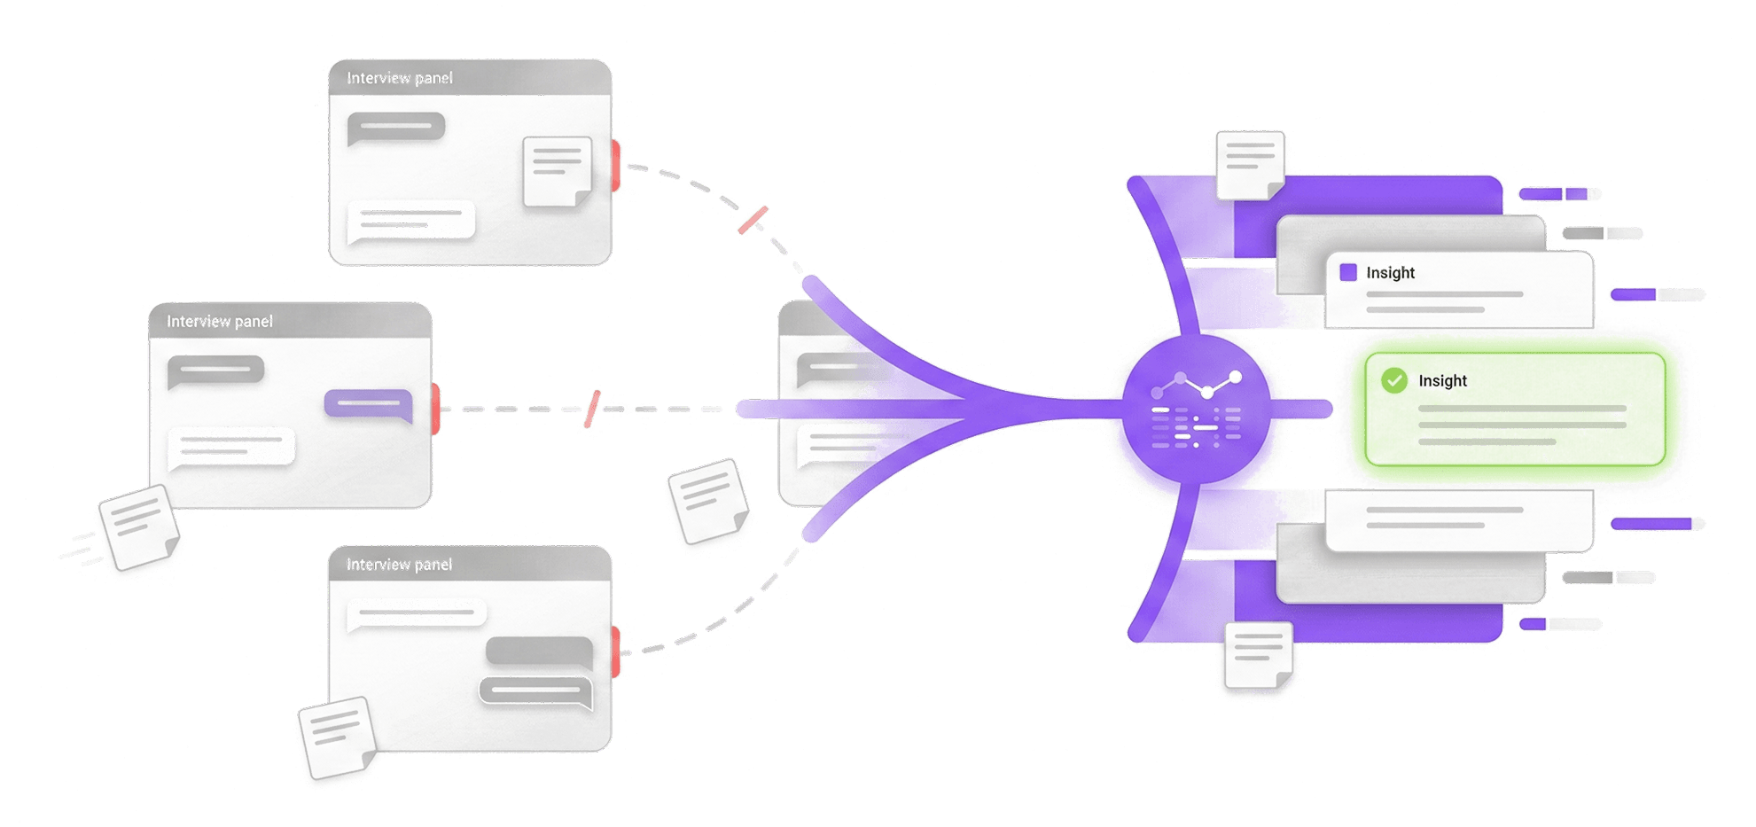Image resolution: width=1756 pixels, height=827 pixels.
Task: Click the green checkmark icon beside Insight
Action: (x=1393, y=381)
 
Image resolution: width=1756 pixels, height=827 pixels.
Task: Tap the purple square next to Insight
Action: (x=1348, y=272)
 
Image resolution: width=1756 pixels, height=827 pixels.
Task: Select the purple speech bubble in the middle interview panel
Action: (x=369, y=404)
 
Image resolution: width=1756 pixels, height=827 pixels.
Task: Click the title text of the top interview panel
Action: (x=400, y=78)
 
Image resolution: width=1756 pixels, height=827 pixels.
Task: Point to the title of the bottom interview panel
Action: (x=400, y=565)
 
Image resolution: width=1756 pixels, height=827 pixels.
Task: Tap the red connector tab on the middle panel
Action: (x=436, y=410)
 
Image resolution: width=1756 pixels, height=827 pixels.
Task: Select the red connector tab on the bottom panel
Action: (x=616, y=651)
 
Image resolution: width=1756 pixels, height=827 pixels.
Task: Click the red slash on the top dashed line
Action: (x=753, y=220)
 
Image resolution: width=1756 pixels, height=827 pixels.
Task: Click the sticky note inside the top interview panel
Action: (x=558, y=171)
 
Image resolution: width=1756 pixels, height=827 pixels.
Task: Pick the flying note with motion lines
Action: (x=138, y=528)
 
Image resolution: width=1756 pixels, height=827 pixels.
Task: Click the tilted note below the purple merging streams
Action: (x=708, y=503)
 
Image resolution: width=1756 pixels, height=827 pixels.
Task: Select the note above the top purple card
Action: (x=1250, y=164)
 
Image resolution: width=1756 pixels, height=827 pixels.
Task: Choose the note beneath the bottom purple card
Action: (x=1258, y=655)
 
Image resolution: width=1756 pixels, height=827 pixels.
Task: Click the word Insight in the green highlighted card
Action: (x=1442, y=381)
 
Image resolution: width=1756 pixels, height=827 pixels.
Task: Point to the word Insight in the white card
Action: (x=1390, y=273)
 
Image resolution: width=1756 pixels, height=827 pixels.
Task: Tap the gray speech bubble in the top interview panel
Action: (x=395, y=129)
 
